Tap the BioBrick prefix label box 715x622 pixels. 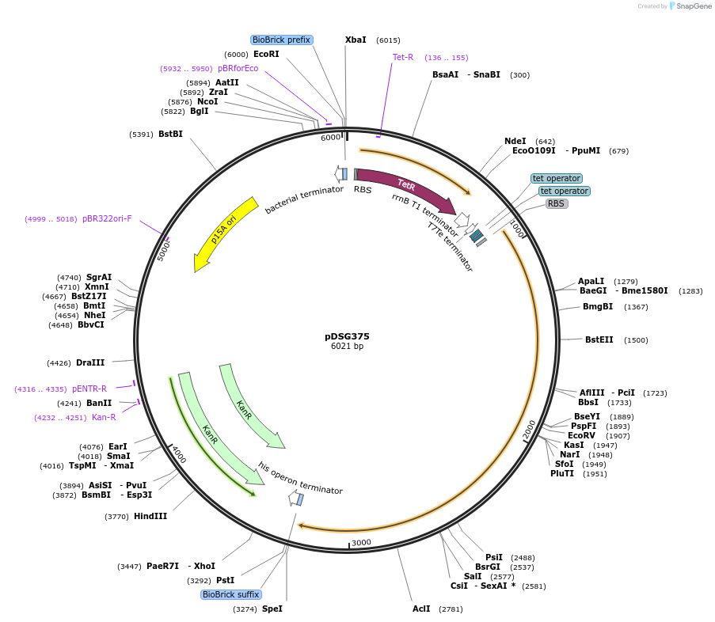(281, 40)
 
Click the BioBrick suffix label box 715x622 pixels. (231, 594)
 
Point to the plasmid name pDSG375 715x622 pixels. (347, 336)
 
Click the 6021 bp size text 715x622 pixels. (347, 347)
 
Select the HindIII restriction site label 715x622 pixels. (150, 517)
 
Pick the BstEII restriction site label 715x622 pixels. (599, 339)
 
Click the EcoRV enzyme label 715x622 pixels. (582, 435)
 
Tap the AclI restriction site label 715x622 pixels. (421, 609)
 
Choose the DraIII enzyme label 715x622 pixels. (90, 363)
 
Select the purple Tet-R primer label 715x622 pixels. (403, 57)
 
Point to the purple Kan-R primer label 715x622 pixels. (104, 418)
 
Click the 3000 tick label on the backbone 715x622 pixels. (361, 542)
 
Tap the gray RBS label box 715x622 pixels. (557, 203)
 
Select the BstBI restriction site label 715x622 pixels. (170, 134)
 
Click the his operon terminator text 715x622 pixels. (301, 479)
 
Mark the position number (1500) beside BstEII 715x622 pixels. (636, 340)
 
